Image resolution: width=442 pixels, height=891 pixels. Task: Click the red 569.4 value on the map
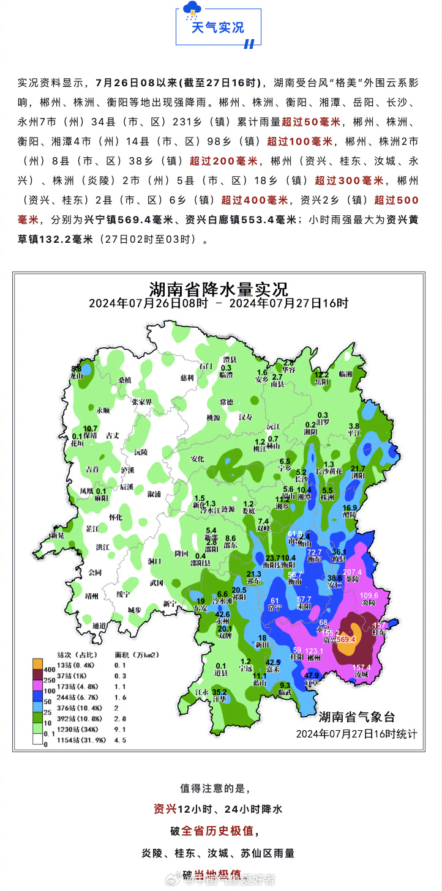pos(346,639)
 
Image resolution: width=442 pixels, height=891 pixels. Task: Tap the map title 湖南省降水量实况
pos(219,289)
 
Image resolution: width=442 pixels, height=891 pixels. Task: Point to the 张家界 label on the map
pos(141,402)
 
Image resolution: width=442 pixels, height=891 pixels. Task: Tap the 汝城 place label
pos(361,674)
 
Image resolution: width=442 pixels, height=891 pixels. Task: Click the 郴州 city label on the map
pos(314,658)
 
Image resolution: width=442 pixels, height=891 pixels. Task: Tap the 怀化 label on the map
pos(116,517)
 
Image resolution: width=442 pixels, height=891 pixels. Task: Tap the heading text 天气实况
pos(217,28)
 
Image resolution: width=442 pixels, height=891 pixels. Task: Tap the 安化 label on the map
pos(197,459)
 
